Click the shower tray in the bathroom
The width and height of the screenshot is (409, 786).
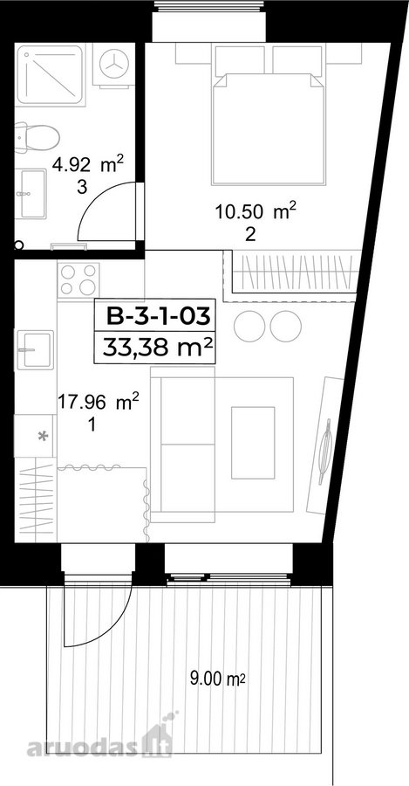[50, 75]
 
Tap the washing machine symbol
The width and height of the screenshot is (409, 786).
[114, 65]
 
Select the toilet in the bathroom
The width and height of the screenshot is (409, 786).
[37, 137]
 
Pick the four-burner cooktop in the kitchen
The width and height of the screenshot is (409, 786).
[78, 279]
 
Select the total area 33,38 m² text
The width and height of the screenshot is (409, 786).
[155, 347]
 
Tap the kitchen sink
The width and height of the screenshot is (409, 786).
[35, 349]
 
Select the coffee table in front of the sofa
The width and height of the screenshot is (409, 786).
[253, 443]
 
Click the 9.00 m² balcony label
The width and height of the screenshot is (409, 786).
[217, 679]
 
